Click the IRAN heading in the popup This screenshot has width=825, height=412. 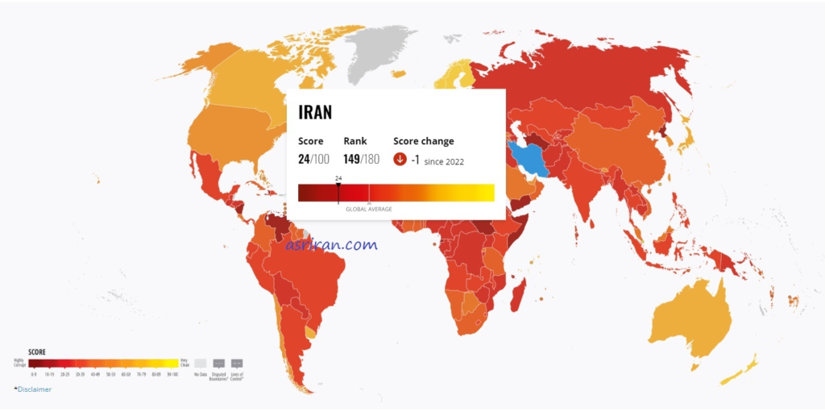click(x=315, y=112)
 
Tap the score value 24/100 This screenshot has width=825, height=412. click(x=313, y=159)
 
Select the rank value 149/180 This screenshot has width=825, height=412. click(x=361, y=159)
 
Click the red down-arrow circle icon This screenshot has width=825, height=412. click(x=400, y=160)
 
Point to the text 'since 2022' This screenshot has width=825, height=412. click(x=444, y=161)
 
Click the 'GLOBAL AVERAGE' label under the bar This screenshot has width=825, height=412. click(x=369, y=209)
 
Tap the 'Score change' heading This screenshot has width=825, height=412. click(x=424, y=141)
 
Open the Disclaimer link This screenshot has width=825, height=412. click(x=33, y=389)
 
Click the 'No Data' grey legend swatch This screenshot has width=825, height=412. click(x=200, y=363)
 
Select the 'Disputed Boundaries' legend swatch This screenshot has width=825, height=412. click(x=218, y=363)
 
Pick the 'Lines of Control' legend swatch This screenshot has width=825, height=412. click(x=237, y=363)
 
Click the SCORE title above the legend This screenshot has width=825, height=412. click(x=37, y=352)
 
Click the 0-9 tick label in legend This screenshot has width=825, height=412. click(x=34, y=374)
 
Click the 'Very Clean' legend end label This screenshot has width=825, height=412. click(x=184, y=363)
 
